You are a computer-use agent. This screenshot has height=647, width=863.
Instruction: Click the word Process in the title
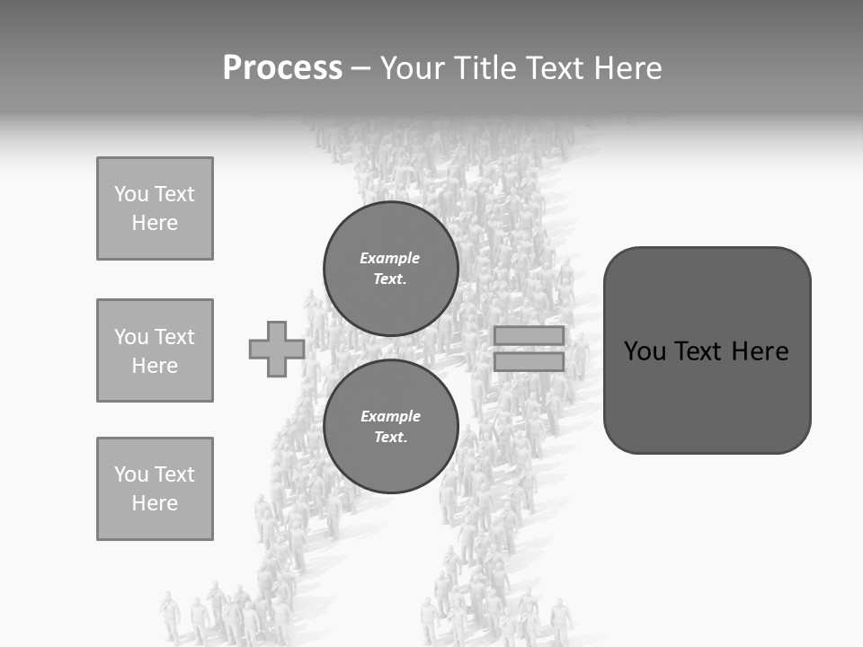(282, 68)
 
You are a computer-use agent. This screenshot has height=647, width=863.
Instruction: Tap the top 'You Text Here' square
(155, 208)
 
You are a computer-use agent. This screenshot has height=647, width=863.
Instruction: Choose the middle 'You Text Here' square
(155, 350)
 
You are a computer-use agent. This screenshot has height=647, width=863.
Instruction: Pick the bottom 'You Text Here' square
(155, 489)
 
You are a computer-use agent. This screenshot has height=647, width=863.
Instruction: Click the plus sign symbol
(276, 349)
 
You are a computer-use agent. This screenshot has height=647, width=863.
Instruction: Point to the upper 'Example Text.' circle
(390, 269)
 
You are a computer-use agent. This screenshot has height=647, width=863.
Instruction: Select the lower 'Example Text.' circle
(390, 427)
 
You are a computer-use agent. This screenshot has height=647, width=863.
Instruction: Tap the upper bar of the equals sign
(529, 335)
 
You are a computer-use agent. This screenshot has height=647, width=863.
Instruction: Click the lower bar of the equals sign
(529, 361)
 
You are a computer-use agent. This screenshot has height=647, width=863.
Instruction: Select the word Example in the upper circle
(389, 259)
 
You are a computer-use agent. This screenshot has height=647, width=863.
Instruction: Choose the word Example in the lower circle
(390, 417)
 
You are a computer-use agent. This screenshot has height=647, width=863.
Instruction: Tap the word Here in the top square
(155, 223)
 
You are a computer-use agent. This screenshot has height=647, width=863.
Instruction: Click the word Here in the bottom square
(155, 503)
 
